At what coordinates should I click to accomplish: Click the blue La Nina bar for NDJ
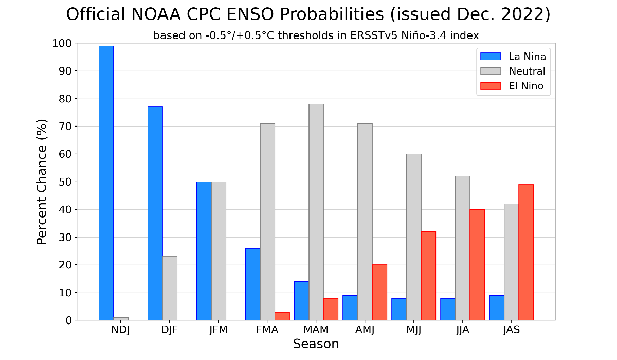106,183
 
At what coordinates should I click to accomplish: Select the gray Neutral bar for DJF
170,288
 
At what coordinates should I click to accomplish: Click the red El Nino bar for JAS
526,252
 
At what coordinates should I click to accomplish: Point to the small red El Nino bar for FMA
282,316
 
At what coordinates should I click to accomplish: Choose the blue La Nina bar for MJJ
399,309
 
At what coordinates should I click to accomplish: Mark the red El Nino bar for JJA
477,265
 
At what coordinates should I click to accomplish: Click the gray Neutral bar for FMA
267,222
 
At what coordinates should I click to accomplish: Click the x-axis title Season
316,344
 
